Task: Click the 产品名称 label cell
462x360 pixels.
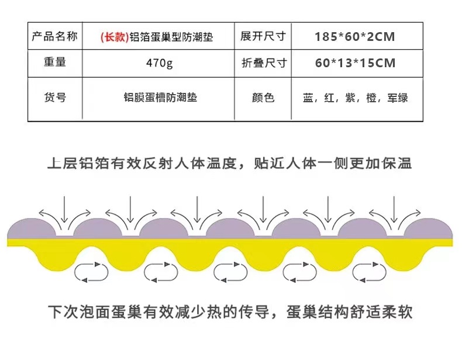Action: pyautogui.click(x=54, y=37)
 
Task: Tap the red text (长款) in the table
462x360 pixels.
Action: pyautogui.click(x=111, y=37)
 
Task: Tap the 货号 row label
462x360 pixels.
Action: pyautogui.click(x=54, y=97)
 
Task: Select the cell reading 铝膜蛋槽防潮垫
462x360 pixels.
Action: pyautogui.click(x=160, y=97)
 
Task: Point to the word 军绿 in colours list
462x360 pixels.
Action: pyautogui.click(x=397, y=98)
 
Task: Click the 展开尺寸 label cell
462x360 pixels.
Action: pyautogui.click(x=263, y=37)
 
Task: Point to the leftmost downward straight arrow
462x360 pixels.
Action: pyautogui.click(x=64, y=210)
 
